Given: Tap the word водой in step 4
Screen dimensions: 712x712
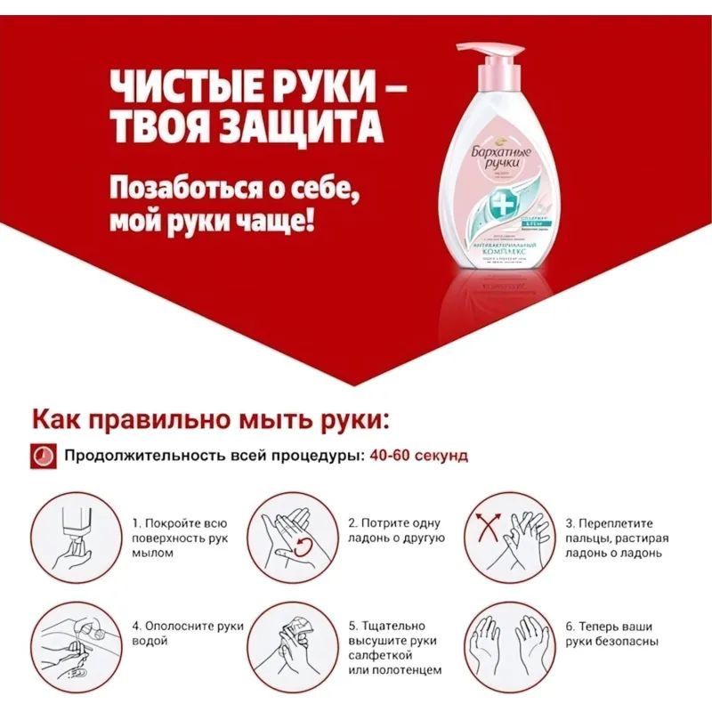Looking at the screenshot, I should coord(148,641).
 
